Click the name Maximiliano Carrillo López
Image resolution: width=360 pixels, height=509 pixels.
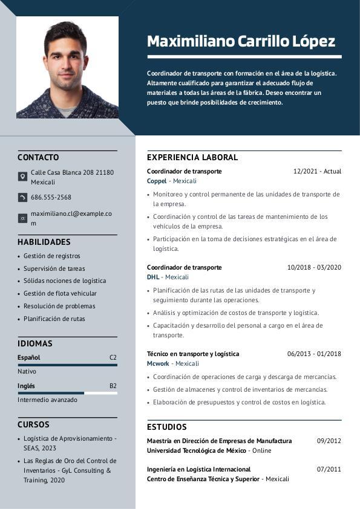tap(241, 41)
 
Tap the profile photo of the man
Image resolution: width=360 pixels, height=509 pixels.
tap(67, 67)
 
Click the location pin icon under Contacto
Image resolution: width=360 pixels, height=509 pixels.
tap(22, 177)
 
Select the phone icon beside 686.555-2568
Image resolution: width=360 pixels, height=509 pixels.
tap(22, 197)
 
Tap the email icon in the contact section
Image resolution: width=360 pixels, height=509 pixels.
tap(22, 218)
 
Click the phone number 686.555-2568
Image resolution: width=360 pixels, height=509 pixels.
tap(51, 197)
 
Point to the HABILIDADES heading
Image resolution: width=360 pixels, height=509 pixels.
tap(44, 242)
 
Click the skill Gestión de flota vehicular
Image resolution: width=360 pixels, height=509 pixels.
tap(60, 293)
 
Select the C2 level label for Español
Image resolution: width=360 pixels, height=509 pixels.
tap(113, 357)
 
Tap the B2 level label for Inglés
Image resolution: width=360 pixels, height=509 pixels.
tap(113, 386)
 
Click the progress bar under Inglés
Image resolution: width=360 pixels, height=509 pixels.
tap(67, 393)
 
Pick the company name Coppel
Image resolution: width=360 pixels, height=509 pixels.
tap(157, 181)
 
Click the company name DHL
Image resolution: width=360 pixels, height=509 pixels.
tap(153, 277)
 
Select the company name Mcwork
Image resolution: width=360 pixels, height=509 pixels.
tap(158, 363)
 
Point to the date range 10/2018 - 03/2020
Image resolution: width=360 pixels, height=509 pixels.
tap(314, 267)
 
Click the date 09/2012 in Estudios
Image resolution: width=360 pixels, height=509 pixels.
tap(329, 441)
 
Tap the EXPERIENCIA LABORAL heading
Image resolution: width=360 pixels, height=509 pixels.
tap(192, 157)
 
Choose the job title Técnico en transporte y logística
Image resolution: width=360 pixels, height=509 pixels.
tap(193, 354)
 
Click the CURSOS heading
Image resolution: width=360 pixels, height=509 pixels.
tap(33, 424)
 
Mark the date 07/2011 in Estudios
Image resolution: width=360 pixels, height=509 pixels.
tap(329, 469)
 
